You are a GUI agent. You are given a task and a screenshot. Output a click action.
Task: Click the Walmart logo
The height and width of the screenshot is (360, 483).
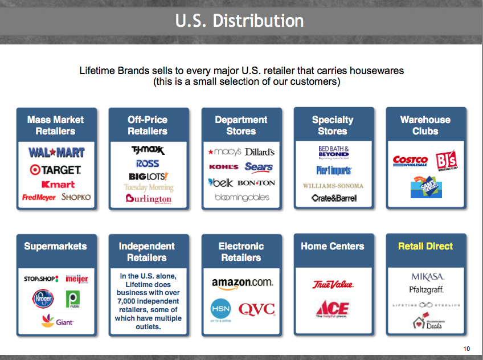pyautogui.click(x=56, y=153)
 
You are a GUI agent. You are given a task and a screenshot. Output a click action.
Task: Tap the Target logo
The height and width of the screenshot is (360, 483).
pyautogui.click(x=56, y=170)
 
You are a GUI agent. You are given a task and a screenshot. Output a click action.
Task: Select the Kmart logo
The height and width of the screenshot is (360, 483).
pyautogui.click(x=58, y=185)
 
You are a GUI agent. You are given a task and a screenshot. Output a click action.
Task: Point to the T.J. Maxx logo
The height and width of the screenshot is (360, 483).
pyautogui.click(x=147, y=150)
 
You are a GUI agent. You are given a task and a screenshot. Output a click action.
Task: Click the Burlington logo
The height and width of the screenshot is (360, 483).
pyautogui.click(x=149, y=199)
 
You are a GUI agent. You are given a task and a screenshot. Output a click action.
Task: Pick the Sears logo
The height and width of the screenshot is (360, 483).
pyautogui.click(x=259, y=167)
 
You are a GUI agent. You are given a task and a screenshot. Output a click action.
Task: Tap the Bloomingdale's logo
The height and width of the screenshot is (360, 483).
pyautogui.click(x=241, y=198)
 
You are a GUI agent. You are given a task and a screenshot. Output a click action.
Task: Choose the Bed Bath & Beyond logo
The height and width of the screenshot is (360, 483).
pyautogui.click(x=333, y=152)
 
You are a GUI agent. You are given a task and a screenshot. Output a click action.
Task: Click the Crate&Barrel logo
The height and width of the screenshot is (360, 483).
pyautogui.click(x=334, y=198)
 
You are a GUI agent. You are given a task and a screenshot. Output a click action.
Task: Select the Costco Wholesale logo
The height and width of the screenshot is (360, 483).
pyautogui.click(x=410, y=162)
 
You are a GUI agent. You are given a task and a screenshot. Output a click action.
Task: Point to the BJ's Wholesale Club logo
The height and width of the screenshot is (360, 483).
pyautogui.click(x=447, y=161)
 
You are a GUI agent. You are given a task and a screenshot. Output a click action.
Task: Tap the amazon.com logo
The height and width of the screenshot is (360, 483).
pyautogui.click(x=241, y=283)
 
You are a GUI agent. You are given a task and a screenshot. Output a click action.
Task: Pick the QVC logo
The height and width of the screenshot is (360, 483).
pyautogui.click(x=256, y=309)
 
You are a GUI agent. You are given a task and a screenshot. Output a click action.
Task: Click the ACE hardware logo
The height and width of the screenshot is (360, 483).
pyautogui.click(x=333, y=309)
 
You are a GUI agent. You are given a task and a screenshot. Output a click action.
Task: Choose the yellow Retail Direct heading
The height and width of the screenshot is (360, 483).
pyautogui.click(x=425, y=246)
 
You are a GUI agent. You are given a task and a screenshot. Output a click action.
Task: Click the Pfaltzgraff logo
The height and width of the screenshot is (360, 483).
pyautogui.click(x=426, y=290)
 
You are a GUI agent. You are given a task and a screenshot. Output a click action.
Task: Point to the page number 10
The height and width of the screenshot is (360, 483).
pyautogui.click(x=467, y=349)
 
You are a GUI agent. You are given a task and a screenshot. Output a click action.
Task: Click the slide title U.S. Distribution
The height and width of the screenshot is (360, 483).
pyautogui.click(x=239, y=21)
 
